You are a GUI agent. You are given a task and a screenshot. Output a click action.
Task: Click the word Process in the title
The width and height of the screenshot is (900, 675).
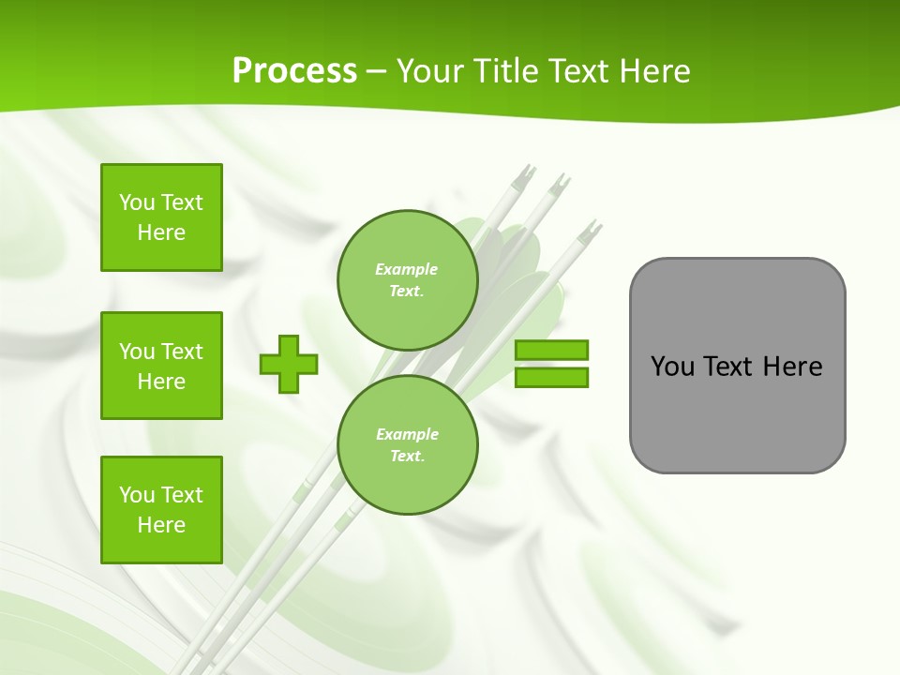tap(294, 71)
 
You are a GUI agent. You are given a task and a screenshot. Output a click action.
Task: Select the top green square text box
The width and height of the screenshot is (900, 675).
tap(161, 217)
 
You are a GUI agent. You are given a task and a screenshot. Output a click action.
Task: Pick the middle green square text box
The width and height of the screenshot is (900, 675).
tap(161, 366)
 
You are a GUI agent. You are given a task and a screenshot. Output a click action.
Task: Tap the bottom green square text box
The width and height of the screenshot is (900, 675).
tap(161, 510)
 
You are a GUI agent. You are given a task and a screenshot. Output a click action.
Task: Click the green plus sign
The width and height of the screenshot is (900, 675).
tap(289, 364)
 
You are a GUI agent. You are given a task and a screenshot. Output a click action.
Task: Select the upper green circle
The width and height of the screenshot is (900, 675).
tap(408, 279)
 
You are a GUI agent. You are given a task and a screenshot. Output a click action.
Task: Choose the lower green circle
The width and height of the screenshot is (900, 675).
tap(408, 444)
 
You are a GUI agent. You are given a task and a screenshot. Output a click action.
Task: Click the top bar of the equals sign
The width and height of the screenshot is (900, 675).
tap(551, 351)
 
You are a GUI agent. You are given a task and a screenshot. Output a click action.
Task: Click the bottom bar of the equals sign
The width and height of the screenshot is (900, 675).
tap(551, 377)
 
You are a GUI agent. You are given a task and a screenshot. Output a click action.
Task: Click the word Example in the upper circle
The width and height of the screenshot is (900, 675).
tap(406, 269)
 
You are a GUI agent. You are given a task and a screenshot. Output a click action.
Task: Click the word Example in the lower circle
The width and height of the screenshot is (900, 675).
tap(407, 434)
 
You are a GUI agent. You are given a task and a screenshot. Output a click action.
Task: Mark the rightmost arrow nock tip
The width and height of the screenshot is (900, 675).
tap(592, 228)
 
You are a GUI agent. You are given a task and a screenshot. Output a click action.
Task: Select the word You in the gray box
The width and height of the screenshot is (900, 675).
tap(672, 367)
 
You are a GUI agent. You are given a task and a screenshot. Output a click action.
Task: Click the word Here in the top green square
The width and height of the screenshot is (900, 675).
tap(161, 232)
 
